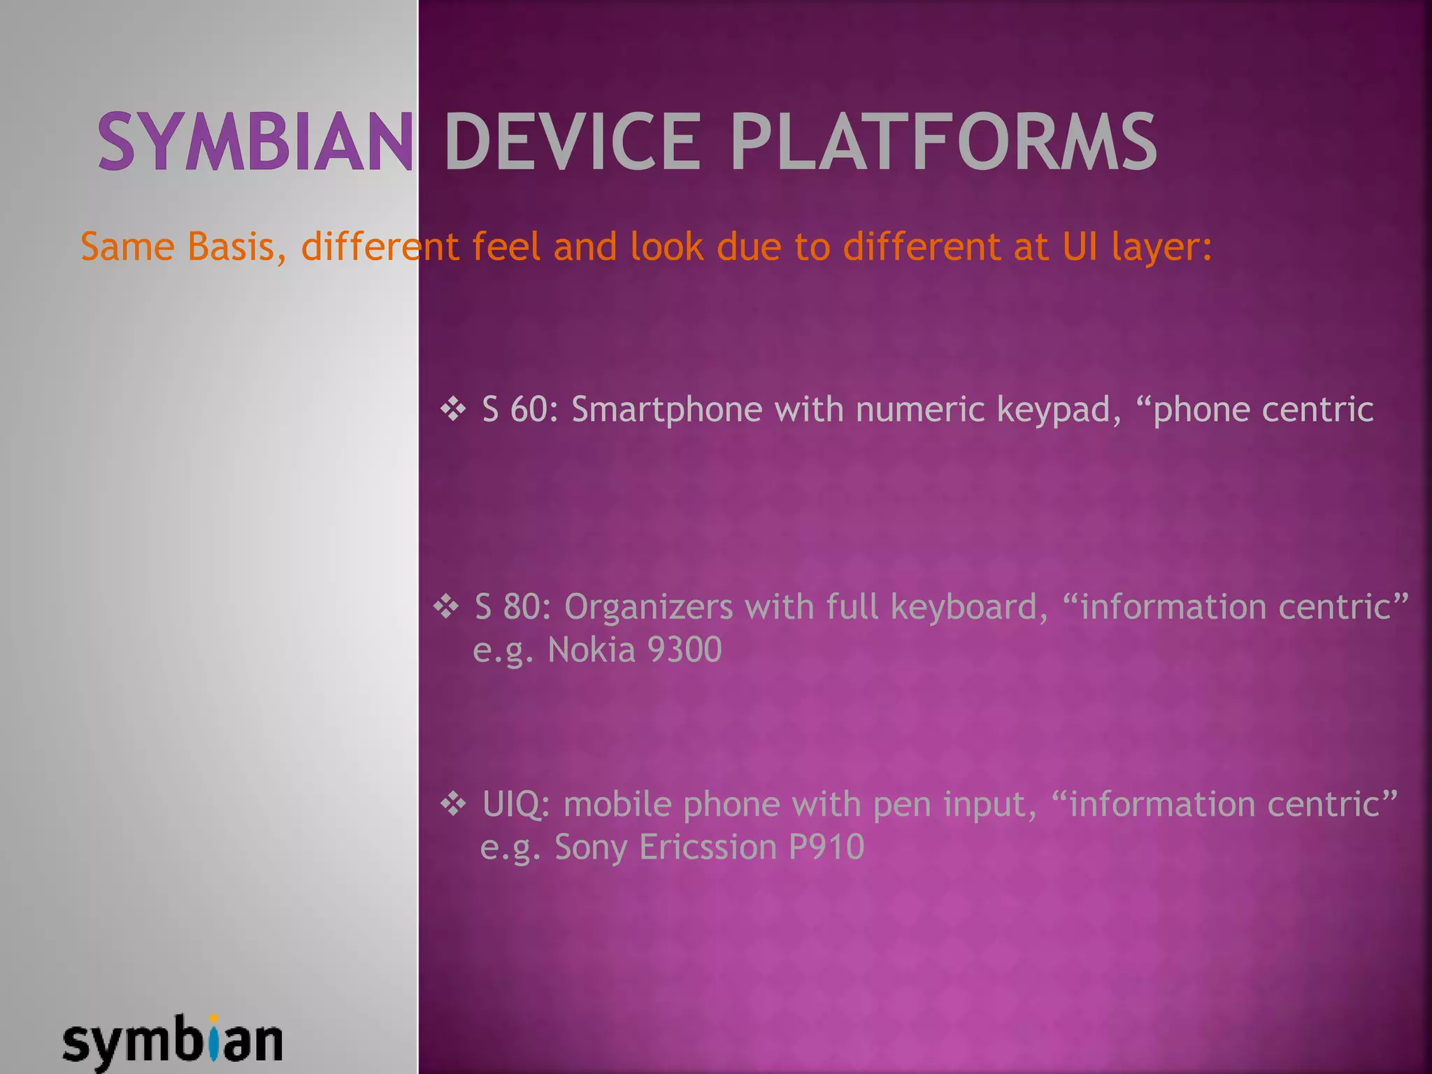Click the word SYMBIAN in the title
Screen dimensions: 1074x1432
pyautogui.click(x=255, y=142)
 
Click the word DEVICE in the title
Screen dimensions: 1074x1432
pyautogui.click(x=572, y=142)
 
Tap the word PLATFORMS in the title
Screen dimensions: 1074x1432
pyautogui.click(x=943, y=142)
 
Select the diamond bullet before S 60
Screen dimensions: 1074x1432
pyautogui.click(x=453, y=410)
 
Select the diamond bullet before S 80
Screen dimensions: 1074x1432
pyautogui.click(x=446, y=607)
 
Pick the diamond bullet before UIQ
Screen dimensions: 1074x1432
pyautogui.click(x=453, y=805)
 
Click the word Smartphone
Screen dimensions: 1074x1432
pyautogui.click(x=666, y=410)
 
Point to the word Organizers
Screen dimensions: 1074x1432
pyautogui.click(x=648, y=607)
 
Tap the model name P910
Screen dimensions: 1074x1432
pyautogui.click(x=826, y=847)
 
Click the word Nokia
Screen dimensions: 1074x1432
pyautogui.click(x=592, y=650)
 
